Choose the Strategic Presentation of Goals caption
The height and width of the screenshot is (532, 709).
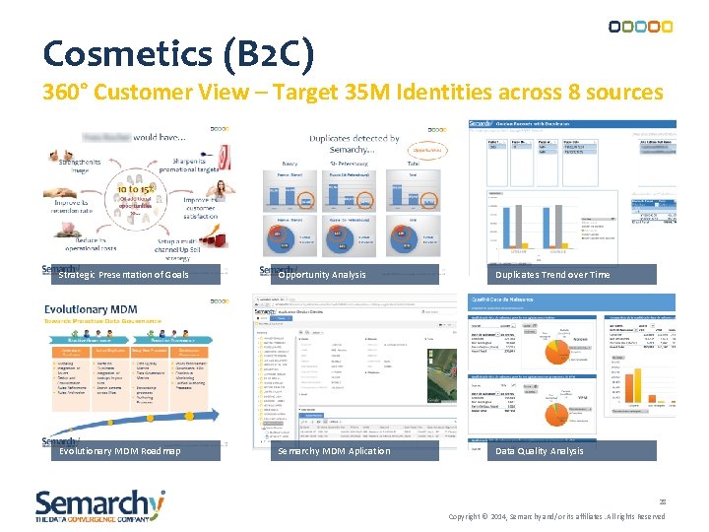(x=123, y=275)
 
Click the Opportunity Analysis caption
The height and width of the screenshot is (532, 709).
(x=322, y=275)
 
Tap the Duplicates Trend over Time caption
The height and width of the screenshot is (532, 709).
(x=552, y=275)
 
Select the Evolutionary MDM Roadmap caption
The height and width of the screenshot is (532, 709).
(x=120, y=451)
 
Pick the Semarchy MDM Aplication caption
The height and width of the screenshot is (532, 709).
(x=334, y=451)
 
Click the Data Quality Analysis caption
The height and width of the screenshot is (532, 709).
(x=540, y=451)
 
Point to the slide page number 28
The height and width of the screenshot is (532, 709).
(x=663, y=501)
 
